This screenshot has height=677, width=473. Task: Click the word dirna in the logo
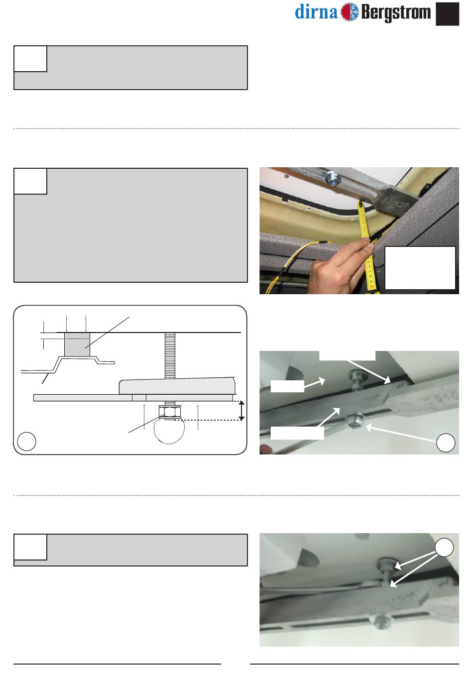tap(316, 12)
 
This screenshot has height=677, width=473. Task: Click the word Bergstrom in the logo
tap(396, 13)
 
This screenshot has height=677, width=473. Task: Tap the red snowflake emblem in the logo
tap(350, 12)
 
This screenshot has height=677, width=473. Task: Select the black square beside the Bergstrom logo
tap(447, 14)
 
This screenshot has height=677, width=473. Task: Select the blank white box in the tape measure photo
tap(420, 268)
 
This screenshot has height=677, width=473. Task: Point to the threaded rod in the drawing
tap(170, 355)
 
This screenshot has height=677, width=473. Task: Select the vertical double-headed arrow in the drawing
tap(241, 410)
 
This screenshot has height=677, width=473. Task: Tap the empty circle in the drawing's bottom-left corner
tap(26, 441)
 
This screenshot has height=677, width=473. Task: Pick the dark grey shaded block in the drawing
tap(77, 344)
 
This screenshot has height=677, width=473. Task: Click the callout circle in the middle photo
tap(446, 443)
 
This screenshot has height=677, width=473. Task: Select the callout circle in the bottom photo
tap(444, 548)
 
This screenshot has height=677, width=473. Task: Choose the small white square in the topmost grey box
tap(30, 59)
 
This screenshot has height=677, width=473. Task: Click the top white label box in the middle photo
tap(347, 355)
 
